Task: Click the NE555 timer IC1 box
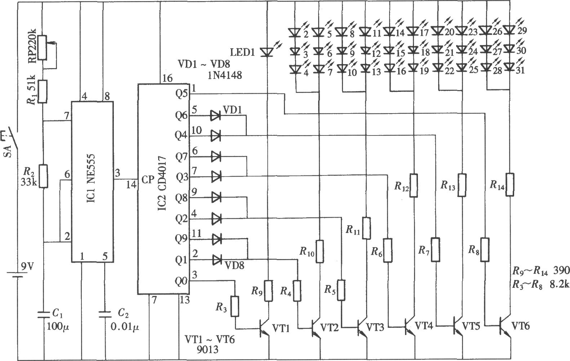[x=92, y=182]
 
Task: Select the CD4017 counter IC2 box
[x=163, y=189]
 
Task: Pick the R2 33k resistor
[x=44, y=176]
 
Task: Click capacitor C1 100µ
[x=44, y=315]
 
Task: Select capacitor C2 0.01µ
[x=105, y=314]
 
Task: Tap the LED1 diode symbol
[x=267, y=52]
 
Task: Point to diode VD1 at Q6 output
[x=215, y=116]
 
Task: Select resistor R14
[x=510, y=184]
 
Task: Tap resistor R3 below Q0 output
[x=235, y=306]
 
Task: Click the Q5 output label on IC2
[x=181, y=94]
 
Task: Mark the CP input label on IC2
[x=148, y=180]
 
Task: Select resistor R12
[x=414, y=186]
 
